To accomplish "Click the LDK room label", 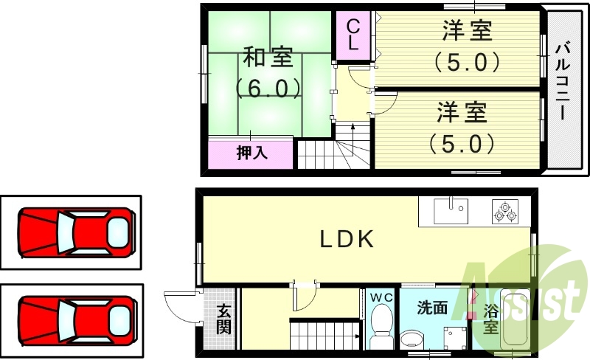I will coord(347,238).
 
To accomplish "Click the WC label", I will coord(381,297).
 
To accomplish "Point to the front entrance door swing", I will coord(181,307).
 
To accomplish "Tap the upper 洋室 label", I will coord(467,32).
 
